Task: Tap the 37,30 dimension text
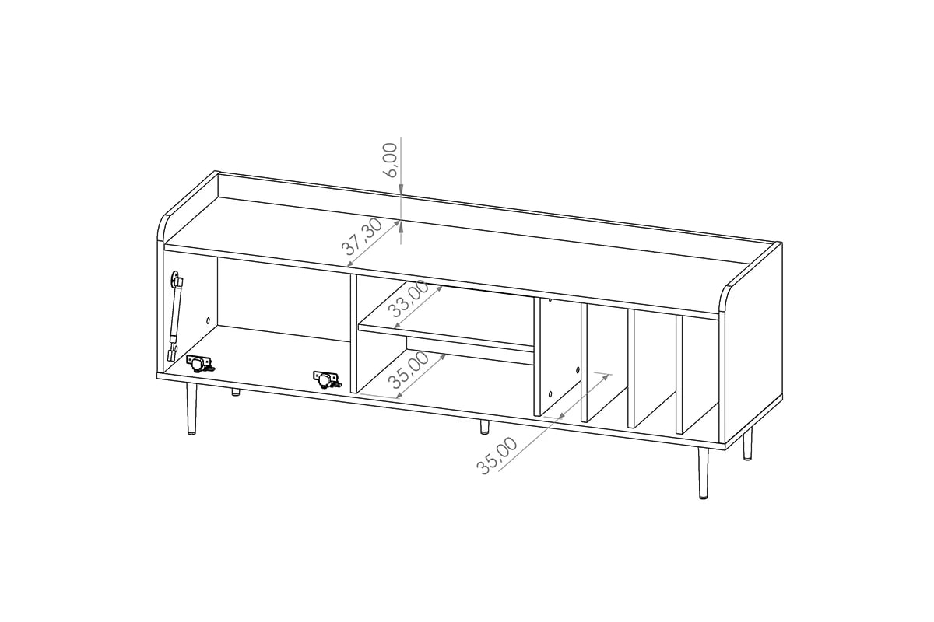(x=362, y=238)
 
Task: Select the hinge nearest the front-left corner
(x=199, y=362)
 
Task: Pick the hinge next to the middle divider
(x=326, y=379)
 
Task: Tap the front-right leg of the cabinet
(x=702, y=474)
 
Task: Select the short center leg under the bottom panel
(x=484, y=427)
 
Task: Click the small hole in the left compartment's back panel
(x=208, y=320)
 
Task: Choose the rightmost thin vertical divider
(x=679, y=373)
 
